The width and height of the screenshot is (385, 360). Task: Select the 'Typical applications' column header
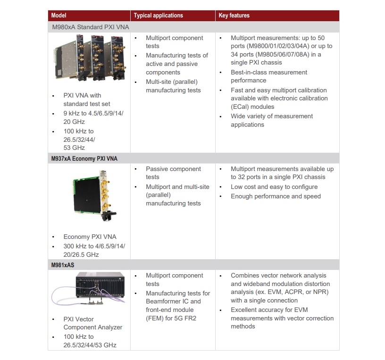coord(158,16)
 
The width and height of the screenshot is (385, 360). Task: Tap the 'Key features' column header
coord(234,16)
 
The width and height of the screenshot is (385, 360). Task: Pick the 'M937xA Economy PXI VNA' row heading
coord(84,159)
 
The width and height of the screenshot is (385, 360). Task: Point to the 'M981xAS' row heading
coord(63,265)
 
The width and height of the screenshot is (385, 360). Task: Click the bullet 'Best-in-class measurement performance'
coord(268,76)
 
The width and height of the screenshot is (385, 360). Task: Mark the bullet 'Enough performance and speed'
coord(276,196)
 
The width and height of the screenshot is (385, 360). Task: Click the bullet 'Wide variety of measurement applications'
coord(271,120)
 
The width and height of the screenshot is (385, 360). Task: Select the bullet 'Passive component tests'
coord(173,173)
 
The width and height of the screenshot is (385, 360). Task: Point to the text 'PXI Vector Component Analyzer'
coord(92,323)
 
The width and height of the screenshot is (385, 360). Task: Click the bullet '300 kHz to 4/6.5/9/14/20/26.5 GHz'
coord(94,250)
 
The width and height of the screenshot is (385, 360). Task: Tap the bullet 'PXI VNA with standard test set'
coord(89,99)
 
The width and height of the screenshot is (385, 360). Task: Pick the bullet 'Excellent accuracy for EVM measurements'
coord(282,318)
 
